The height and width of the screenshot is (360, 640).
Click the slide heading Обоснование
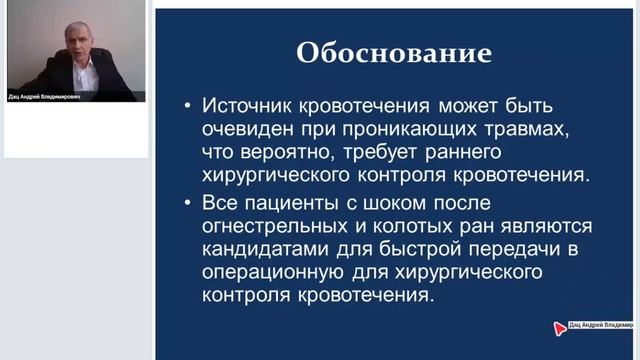pos(393,53)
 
